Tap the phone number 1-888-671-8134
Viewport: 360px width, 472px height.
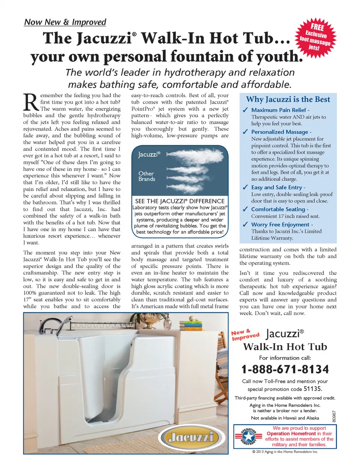tap(285, 369)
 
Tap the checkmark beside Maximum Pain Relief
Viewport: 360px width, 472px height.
tap(245, 110)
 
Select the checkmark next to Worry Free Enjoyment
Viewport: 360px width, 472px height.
tap(245, 225)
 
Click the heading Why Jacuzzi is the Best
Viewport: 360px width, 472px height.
tap(288, 99)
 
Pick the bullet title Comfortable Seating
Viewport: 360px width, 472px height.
tap(279, 209)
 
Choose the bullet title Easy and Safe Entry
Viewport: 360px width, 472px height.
tap(277, 187)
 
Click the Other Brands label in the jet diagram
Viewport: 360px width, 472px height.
tap(146, 176)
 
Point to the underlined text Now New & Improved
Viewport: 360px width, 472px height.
tap(65, 22)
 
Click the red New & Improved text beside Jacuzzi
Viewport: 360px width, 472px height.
tap(245, 335)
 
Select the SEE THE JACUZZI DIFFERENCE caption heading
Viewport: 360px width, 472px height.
tap(180, 201)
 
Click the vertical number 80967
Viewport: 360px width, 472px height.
tap(334, 416)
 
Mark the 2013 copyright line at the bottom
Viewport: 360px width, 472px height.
tap(285, 452)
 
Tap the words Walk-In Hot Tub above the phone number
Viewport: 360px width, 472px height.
tap(285, 347)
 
